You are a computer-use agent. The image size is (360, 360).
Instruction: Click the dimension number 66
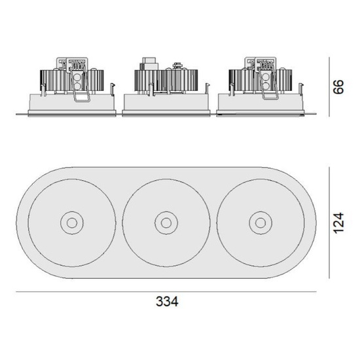point(339,86)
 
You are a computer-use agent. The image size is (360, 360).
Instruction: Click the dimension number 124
point(339,223)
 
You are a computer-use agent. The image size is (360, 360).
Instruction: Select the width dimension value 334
point(167,302)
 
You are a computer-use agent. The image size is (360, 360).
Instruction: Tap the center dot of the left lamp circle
point(72,223)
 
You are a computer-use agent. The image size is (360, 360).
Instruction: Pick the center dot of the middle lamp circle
point(166,223)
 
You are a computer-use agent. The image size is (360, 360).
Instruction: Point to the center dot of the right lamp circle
point(261,223)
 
